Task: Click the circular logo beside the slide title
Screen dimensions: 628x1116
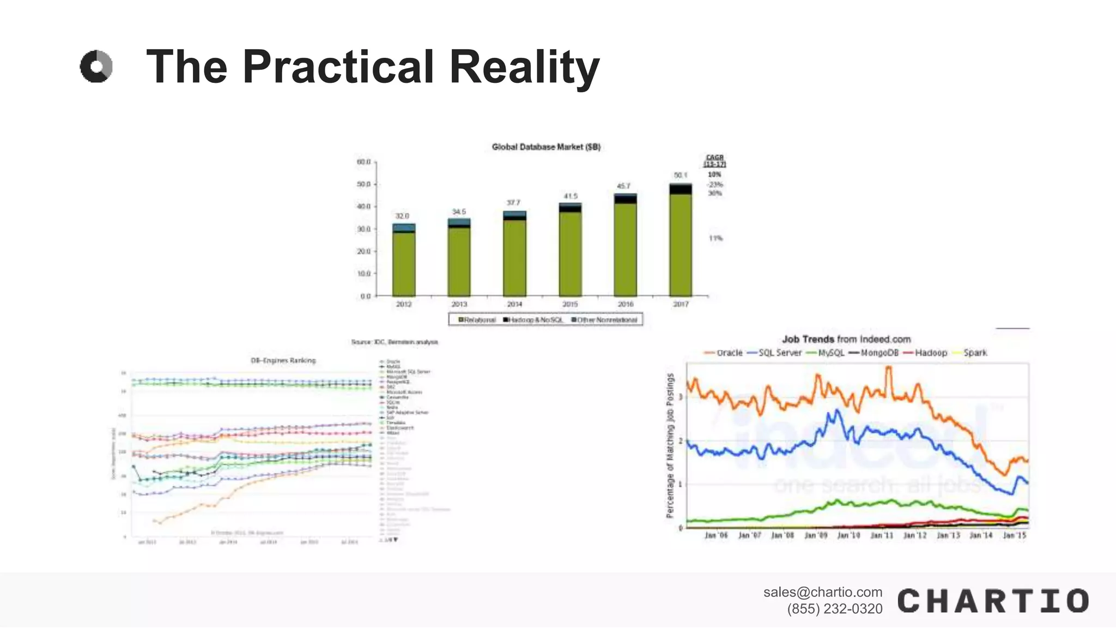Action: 96,67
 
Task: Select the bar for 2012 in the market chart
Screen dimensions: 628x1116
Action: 404,260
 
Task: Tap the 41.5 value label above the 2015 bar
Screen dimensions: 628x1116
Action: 571,196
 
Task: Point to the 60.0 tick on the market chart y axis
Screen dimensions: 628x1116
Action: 364,162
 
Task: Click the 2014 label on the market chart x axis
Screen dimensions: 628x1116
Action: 514,304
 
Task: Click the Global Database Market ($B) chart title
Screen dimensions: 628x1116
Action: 546,147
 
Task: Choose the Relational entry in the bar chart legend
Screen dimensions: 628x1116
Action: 477,320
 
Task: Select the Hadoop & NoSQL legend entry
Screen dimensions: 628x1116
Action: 533,320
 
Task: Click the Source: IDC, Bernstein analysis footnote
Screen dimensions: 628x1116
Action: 395,342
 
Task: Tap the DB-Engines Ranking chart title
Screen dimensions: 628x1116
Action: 283,360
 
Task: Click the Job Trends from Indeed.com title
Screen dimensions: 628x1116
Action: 846,339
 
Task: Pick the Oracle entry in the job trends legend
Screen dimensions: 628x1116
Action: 724,353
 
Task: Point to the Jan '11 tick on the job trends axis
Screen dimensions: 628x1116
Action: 882,535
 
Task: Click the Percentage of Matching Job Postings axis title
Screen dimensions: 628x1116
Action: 670,445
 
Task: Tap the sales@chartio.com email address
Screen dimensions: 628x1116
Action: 822,592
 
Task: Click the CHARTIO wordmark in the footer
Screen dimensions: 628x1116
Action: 993,601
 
